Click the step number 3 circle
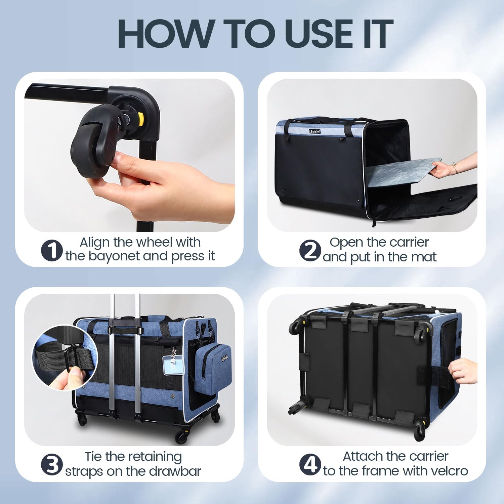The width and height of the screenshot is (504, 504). [52, 465]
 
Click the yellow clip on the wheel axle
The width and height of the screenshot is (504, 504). [141, 118]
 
